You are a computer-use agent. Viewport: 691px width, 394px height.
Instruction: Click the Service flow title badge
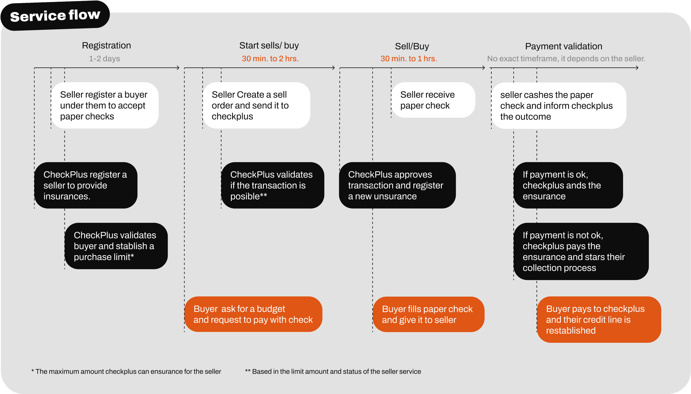[55, 15]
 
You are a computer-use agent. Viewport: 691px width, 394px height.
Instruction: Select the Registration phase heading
[106, 46]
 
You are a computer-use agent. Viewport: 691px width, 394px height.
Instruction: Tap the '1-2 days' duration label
[104, 59]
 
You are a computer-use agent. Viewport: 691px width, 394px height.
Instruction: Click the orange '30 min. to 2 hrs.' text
[270, 59]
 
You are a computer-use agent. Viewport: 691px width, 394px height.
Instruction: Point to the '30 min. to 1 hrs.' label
[409, 59]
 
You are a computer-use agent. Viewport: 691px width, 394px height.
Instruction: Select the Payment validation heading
[564, 46]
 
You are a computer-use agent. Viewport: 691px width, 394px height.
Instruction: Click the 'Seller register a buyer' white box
[105, 105]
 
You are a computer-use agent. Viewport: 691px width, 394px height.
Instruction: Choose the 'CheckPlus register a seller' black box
[86, 185]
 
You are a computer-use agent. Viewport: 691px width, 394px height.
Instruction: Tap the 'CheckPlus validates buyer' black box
[116, 246]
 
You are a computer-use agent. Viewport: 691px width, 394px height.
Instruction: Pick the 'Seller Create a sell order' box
[256, 105]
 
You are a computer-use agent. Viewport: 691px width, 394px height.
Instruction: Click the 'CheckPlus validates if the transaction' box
[272, 185]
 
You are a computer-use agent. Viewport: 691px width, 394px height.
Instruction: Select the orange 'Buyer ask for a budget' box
[253, 314]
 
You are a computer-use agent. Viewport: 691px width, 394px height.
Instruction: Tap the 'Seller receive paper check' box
[433, 100]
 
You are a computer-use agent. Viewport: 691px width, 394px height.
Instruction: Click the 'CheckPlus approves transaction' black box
[397, 185]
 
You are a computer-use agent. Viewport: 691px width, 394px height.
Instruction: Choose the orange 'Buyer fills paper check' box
[428, 314]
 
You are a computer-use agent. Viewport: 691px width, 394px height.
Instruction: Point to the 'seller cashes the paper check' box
[559, 106]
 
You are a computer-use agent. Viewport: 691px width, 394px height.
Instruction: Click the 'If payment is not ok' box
[581, 251]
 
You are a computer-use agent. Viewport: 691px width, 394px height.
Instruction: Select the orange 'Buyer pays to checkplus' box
[599, 320]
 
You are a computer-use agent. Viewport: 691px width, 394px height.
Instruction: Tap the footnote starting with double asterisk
[333, 371]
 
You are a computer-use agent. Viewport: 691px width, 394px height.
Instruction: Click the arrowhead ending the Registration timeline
[178, 68]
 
